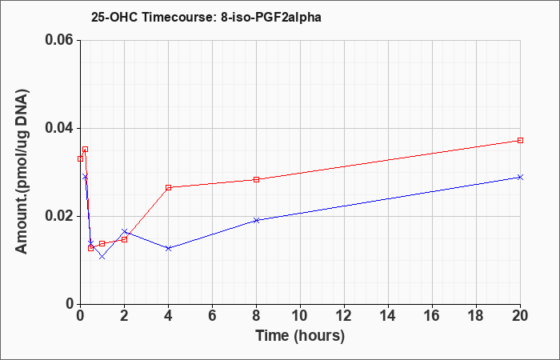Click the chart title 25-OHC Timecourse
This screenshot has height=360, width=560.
pos(150,17)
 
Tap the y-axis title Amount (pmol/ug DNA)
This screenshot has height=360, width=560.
pos(22,171)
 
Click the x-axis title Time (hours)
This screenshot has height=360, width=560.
pos(300,336)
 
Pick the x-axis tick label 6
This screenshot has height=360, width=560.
pos(212,316)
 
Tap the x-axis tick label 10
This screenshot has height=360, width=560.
pos(300,316)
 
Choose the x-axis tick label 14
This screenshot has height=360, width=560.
pos(388,316)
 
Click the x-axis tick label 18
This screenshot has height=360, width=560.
pos(476,316)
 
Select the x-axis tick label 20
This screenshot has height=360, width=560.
pos(520,316)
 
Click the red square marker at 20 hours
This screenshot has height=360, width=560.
pos(520,140)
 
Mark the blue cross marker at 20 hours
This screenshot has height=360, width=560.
pos(520,177)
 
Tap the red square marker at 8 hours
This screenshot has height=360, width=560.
pos(257,179)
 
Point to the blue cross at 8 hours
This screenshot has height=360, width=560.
pos(257,220)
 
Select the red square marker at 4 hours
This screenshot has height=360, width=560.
pos(169,187)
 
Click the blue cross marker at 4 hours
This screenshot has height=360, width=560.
pos(169,248)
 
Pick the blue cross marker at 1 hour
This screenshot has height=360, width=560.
pos(102,257)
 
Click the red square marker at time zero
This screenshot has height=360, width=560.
pos(80,158)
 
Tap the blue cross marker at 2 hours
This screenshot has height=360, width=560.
pos(124,231)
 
